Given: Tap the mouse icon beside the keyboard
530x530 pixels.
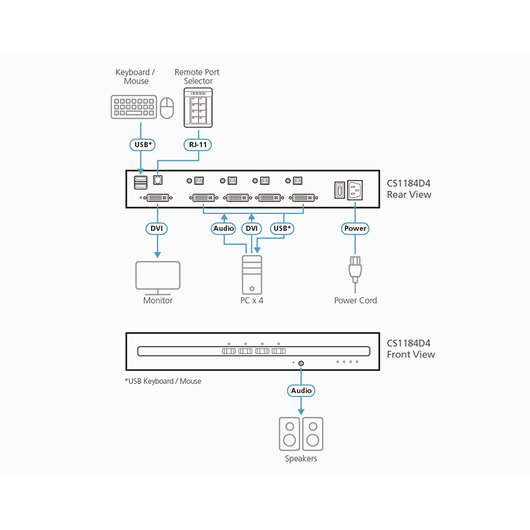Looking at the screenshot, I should click(167, 107).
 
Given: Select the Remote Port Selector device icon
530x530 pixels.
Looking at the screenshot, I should click(197, 107).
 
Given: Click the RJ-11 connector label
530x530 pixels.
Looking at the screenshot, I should click(197, 144).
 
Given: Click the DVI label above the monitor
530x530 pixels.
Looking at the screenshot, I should click(157, 229).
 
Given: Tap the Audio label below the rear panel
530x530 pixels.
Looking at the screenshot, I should click(224, 229).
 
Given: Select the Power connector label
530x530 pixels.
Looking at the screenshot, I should click(355, 229).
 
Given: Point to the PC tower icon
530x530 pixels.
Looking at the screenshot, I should click(252, 276).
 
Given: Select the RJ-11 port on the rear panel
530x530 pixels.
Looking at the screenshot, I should click(158, 180).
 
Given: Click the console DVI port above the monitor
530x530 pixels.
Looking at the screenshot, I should click(157, 197).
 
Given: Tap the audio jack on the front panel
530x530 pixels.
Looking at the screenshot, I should click(301, 363).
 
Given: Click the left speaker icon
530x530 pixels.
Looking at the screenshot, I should click(290, 434).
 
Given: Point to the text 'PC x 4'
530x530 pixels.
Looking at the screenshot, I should click(252, 301).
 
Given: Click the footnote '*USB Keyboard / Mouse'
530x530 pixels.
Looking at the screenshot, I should click(163, 382).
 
